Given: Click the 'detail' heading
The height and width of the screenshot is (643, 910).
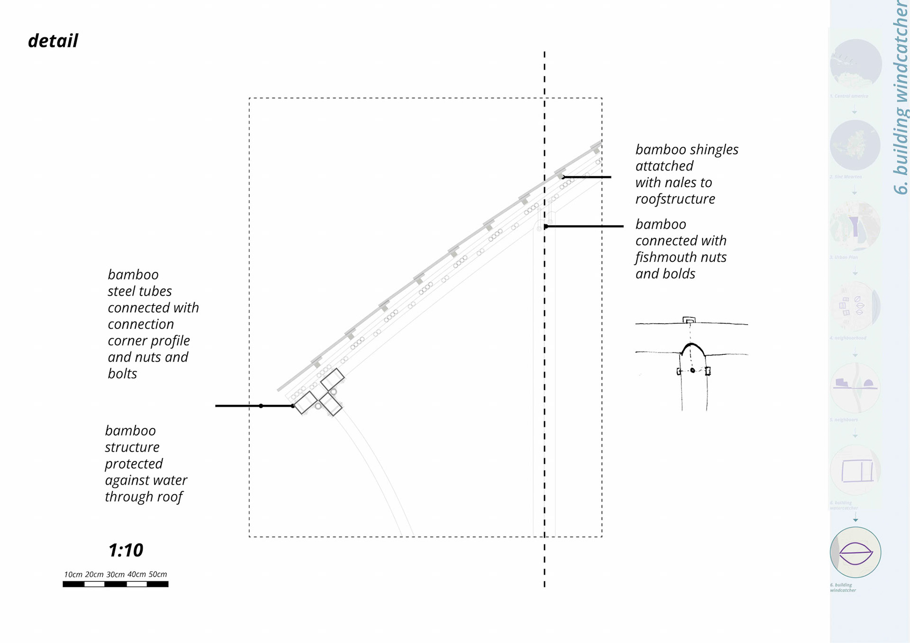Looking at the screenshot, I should pyautogui.click(x=53, y=41).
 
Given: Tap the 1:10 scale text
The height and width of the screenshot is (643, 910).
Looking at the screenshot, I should pyautogui.click(x=126, y=550).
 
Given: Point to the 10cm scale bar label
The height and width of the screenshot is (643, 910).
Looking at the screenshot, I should pyautogui.click(x=73, y=574).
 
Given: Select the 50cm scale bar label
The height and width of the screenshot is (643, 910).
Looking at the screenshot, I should pyautogui.click(x=158, y=574).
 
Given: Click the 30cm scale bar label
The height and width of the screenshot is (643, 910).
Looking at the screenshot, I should pyautogui.click(x=115, y=574).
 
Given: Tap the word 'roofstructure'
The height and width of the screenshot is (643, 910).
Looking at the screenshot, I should pyautogui.click(x=675, y=199).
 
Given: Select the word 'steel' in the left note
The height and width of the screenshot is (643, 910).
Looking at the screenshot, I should pyautogui.click(x=124, y=291).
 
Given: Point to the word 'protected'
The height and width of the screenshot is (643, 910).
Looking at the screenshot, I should pyautogui.click(x=134, y=463).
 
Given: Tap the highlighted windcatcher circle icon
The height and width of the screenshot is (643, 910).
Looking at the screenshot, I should pyautogui.click(x=855, y=552).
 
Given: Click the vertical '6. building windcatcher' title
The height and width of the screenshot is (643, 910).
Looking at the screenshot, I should pyautogui.click(x=900, y=97).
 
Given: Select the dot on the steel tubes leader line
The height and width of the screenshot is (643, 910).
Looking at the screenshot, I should pyautogui.click(x=261, y=406).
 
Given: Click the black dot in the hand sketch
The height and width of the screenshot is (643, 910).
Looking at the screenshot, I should pyautogui.click(x=692, y=370).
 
